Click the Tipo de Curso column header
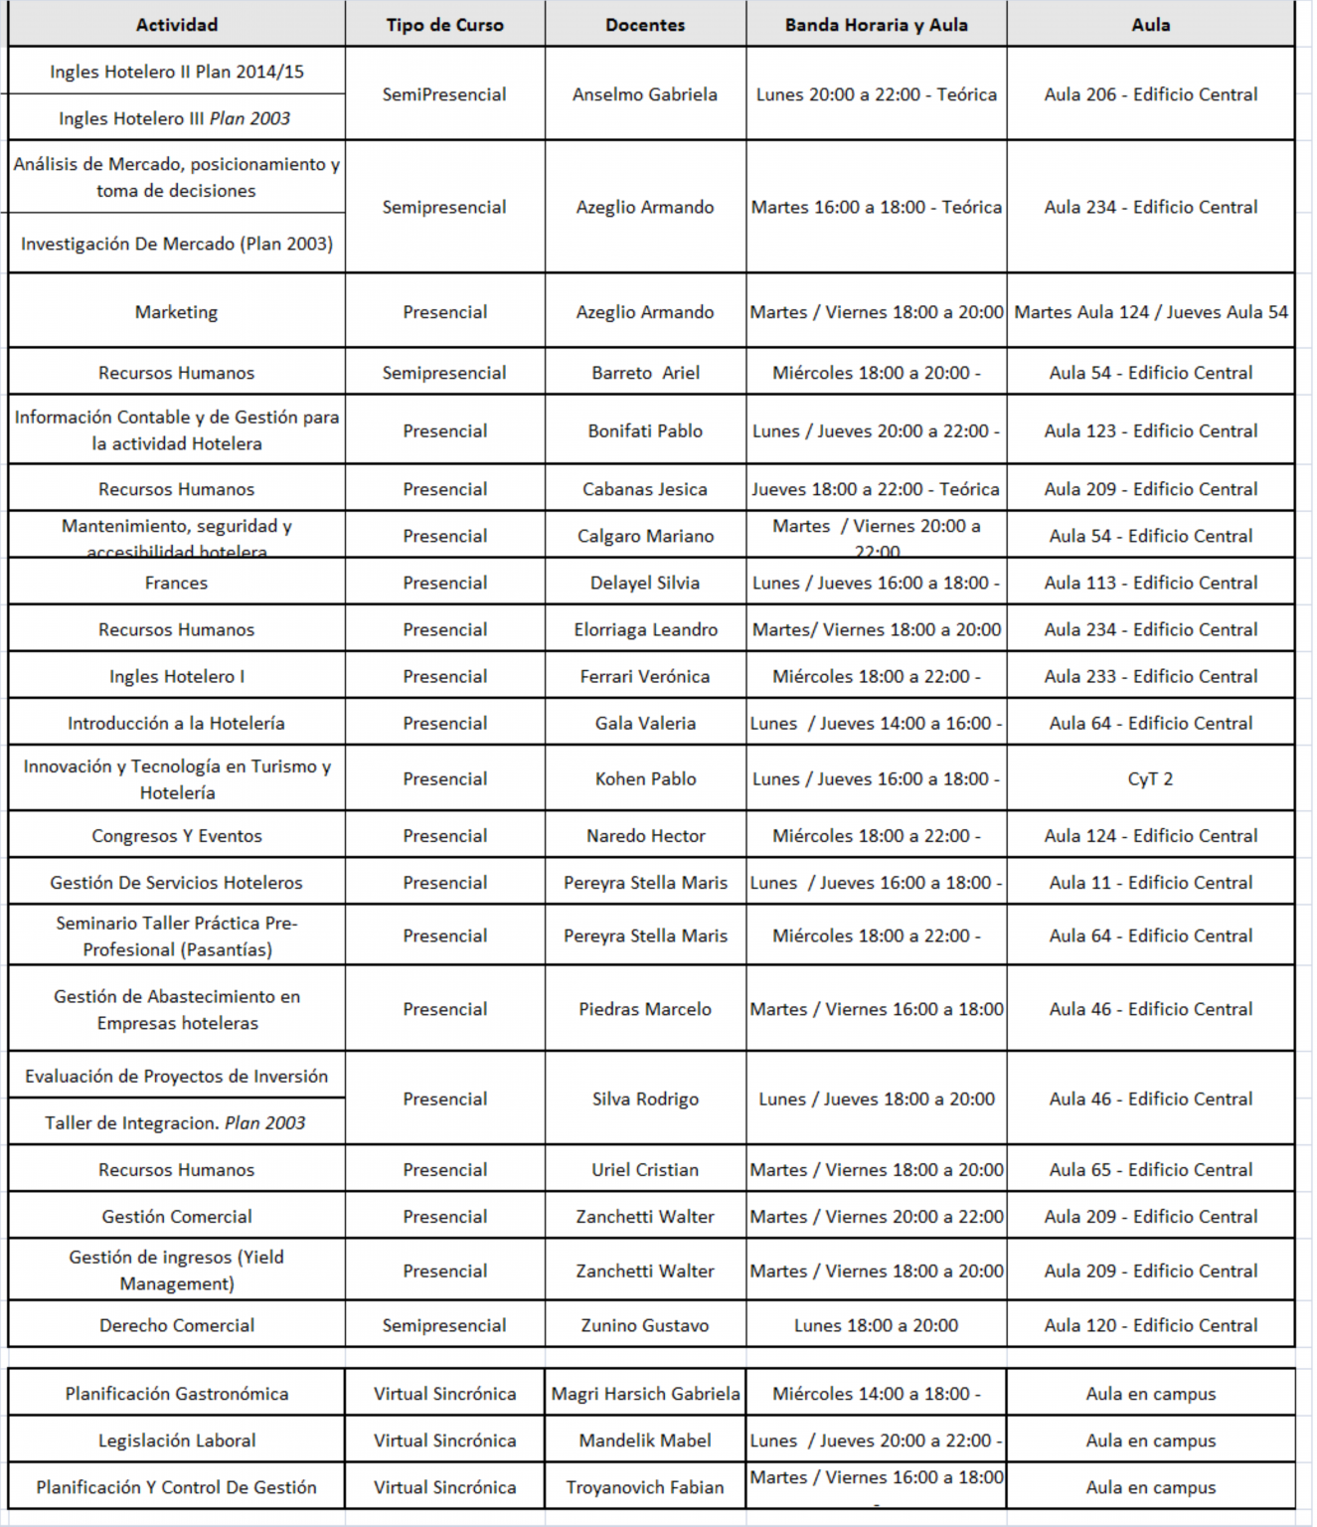444,25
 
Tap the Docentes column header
645,25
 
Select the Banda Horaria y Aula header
876,25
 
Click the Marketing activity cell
176,312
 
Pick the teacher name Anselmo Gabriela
645,94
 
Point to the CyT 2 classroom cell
1150,779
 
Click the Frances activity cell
176,583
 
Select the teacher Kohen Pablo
645,779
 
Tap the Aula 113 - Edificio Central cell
1150,583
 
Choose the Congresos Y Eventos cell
177,836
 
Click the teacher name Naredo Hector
645,836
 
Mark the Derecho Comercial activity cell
177,1325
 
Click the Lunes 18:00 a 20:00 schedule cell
876,1325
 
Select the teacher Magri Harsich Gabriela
645,1394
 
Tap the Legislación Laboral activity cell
177,1441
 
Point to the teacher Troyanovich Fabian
645,1487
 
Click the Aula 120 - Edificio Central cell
1150,1325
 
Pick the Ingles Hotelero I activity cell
177,676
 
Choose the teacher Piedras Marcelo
645,1009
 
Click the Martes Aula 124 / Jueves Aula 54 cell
1150,312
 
